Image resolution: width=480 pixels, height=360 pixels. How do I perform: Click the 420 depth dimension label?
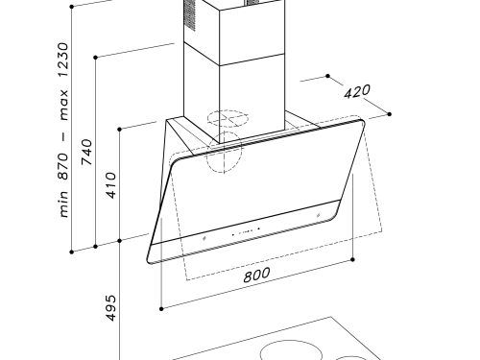tap(357, 91)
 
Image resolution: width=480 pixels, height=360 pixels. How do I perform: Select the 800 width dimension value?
tap(256, 275)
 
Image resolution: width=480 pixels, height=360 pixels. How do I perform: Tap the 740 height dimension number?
tap(86, 152)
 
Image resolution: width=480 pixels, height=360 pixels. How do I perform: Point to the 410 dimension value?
tap(110, 185)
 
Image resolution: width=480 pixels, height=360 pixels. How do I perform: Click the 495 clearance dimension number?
tap(110, 308)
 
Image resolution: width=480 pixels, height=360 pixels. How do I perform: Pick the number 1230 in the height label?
tap(63, 60)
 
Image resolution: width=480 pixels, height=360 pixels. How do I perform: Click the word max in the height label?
tap(63, 105)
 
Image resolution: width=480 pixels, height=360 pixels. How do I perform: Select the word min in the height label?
tap(63, 204)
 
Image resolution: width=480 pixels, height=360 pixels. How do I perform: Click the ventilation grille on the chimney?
tap(189, 14)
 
